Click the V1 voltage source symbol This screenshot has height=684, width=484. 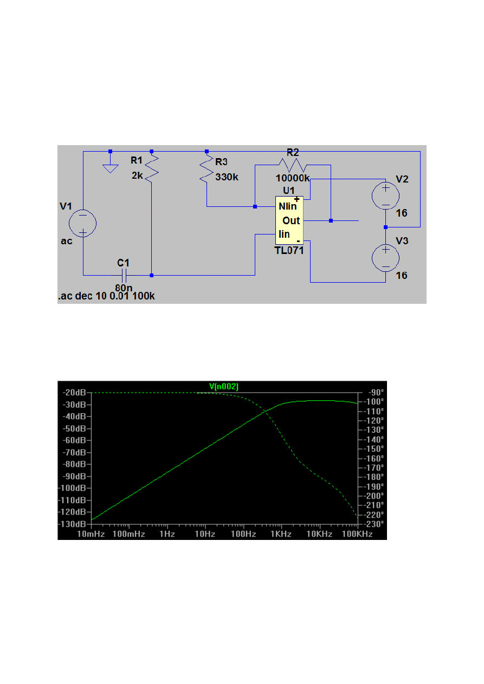[83, 223]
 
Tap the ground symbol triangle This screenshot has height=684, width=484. [110, 168]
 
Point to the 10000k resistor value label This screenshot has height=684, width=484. [293, 178]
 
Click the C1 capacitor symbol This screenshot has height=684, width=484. [124, 275]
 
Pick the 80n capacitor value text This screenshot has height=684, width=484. [124, 288]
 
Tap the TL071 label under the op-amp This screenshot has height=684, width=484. [288, 250]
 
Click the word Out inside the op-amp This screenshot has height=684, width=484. [291, 221]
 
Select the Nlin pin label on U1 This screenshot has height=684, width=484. [287, 206]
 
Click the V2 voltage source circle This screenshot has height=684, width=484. [385, 196]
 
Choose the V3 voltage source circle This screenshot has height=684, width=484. [385, 258]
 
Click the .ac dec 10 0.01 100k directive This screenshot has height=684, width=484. [106, 297]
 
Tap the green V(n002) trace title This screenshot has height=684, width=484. [224, 386]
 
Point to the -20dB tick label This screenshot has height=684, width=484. [75, 393]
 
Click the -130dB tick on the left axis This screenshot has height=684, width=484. [74, 524]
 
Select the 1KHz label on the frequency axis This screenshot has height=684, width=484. [281, 534]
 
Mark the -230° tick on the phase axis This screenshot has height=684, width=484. [373, 524]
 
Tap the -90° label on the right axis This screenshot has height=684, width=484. [373, 393]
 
